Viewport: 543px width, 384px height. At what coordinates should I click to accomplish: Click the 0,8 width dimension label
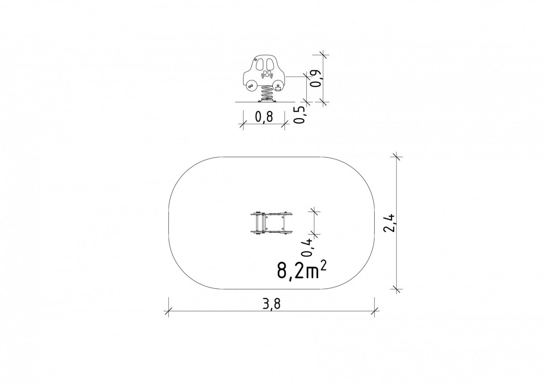[264, 117]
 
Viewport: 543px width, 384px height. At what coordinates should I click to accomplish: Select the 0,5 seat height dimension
[300, 115]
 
